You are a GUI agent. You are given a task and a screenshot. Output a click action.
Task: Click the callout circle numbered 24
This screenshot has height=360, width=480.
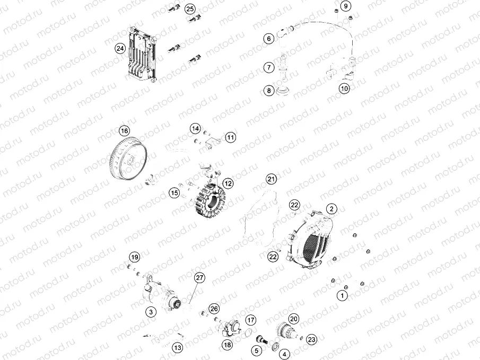tap(120, 48)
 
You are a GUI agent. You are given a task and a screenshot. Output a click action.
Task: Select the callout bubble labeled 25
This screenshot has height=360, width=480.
tap(190, 9)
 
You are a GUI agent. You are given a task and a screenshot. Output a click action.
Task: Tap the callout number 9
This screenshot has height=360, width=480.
tap(345, 6)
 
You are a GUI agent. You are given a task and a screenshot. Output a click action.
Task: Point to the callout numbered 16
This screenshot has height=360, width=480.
tap(124, 131)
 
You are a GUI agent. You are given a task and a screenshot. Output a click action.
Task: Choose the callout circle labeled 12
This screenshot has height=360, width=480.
tap(228, 183)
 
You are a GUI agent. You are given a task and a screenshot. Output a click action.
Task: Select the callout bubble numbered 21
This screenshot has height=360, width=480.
tap(271, 179)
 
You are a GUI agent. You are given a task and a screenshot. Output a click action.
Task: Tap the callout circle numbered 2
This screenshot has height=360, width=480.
tap(331, 208)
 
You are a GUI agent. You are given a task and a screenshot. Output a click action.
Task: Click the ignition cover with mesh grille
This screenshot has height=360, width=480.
tap(309, 239)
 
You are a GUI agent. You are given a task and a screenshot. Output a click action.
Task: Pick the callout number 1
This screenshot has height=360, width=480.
tap(343, 295)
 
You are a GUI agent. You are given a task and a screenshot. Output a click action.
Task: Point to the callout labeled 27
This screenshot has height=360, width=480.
tap(199, 278)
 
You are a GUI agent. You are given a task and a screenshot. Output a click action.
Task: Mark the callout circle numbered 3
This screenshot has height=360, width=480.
tap(151, 312)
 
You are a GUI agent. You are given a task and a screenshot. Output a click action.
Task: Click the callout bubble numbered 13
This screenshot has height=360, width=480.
tap(177, 348)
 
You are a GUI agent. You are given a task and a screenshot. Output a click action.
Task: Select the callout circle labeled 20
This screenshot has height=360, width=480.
tap(294, 319)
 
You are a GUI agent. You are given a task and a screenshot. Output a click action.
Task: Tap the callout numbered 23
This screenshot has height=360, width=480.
tap(312, 340)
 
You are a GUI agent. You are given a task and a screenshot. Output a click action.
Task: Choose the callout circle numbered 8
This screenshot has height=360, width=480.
tap(269, 91)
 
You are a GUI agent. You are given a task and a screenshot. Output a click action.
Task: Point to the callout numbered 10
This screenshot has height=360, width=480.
tap(345, 89)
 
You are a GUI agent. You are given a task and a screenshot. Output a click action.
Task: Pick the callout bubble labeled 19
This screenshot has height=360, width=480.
tap(135, 257)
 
